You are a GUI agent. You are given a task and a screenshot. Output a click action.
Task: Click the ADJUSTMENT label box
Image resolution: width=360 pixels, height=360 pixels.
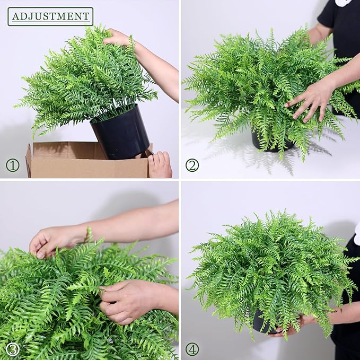[x=50, y=16]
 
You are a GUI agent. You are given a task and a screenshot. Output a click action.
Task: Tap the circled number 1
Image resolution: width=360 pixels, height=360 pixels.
[x=13, y=165]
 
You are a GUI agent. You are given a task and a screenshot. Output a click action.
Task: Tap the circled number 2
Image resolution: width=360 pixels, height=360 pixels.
[x=192, y=165]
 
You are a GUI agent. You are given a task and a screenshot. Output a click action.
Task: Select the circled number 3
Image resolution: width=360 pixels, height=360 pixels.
[x=13, y=349]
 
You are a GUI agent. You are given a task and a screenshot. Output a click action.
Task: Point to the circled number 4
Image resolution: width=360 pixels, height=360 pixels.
[x=192, y=349]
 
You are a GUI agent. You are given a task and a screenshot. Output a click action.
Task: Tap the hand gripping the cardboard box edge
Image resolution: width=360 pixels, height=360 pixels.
[x=160, y=164]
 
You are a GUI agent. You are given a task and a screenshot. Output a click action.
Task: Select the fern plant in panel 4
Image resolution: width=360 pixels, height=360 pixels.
[x=270, y=265]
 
